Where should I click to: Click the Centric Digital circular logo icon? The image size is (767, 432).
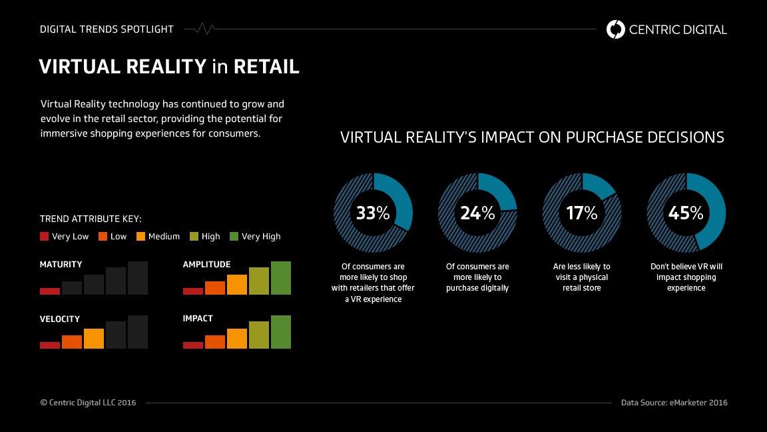point(616,29)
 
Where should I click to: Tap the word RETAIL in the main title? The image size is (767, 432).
point(266,67)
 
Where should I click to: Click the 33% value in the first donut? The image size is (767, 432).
point(373,213)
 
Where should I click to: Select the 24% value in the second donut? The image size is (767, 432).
point(477,213)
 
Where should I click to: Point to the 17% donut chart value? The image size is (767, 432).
point(582,213)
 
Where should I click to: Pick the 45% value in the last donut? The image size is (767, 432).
point(686,213)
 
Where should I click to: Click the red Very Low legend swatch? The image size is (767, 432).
point(45,236)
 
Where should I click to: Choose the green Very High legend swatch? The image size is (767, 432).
point(234,236)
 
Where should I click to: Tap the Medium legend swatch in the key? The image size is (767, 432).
point(141,236)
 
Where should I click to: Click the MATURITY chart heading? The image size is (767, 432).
point(61,265)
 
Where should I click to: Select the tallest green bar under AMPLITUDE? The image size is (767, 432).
point(281,278)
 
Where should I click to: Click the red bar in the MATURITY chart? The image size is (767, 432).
point(50,291)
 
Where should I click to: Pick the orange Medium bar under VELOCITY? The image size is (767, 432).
point(94,339)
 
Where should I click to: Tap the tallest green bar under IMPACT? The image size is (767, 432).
point(281,332)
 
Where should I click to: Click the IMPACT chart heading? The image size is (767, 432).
point(198,319)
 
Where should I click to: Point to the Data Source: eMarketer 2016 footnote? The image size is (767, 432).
point(674,403)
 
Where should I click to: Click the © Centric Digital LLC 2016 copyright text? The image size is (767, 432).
point(88,403)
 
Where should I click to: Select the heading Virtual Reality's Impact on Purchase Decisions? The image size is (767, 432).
point(532,137)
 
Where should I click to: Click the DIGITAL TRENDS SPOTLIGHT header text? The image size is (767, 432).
point(107,29)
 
